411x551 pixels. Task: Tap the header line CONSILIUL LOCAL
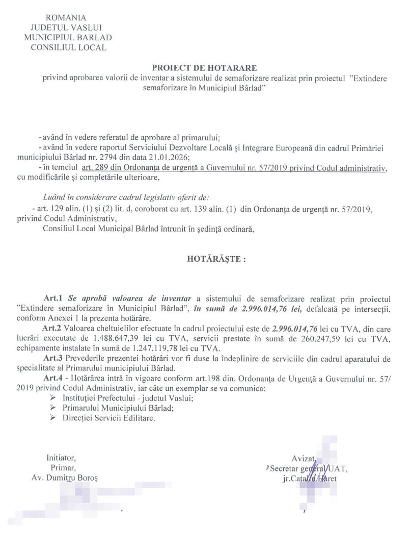click(x=69, y=47)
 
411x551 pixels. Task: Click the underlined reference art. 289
click(x=94, y=167)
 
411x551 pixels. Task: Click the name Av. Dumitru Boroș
click(x=64, y=478)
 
